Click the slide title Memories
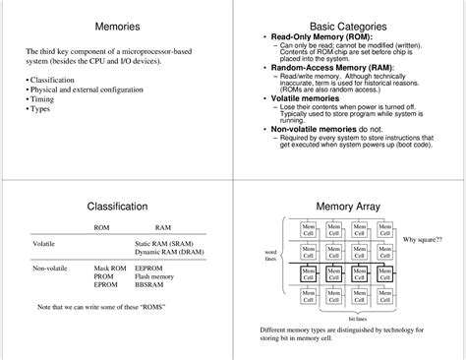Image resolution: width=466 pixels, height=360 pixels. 116,26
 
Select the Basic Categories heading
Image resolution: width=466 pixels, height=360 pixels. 347,26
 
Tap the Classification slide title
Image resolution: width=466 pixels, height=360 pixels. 117,207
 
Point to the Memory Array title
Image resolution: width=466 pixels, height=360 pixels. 347,207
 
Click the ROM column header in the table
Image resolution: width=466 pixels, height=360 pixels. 101,227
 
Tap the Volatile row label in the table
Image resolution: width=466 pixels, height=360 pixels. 43,242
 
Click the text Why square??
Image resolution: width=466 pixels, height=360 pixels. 423,239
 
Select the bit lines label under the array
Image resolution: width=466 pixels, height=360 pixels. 359,318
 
